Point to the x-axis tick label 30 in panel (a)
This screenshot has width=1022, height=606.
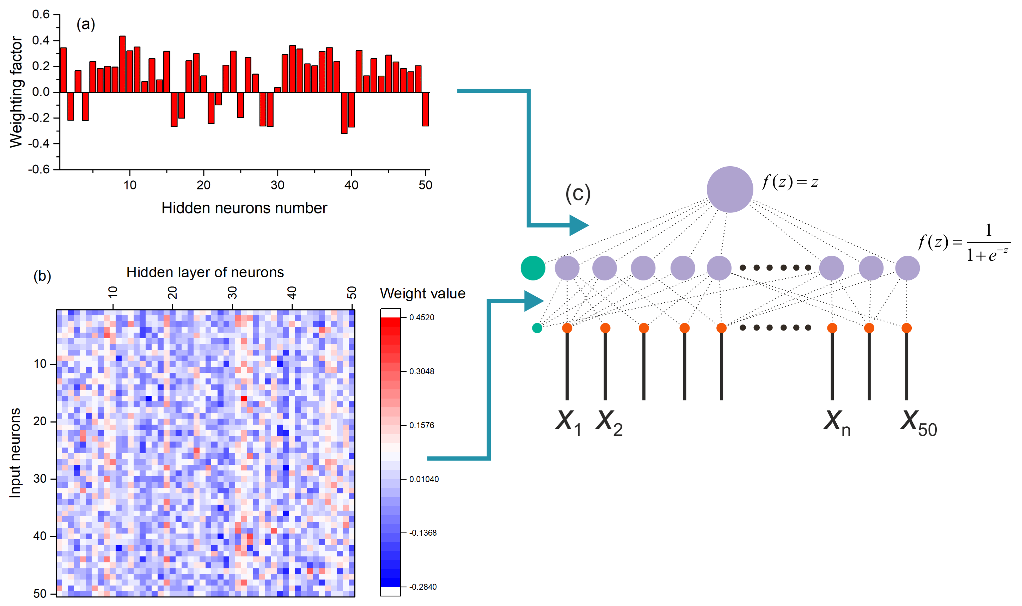[x=277, y=185]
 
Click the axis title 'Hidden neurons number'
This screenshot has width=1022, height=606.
[x=244, y=208]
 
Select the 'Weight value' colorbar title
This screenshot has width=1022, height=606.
[x=422, y=293]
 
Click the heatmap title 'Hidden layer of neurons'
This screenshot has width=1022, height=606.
[x=205, y=272]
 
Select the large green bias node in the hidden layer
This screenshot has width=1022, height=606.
[x=533, y=268]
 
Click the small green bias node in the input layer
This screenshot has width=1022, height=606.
[x=537, y=328]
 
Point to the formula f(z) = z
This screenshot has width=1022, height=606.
[x=790, y=182]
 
